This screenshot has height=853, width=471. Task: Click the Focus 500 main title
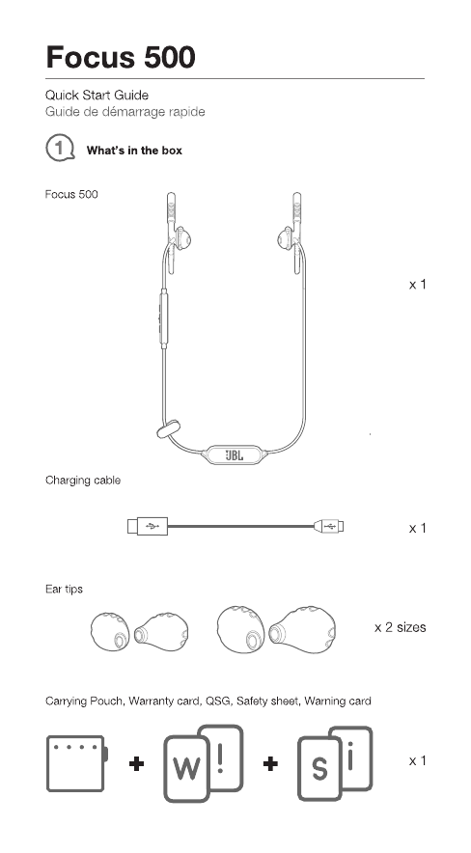point(121,57)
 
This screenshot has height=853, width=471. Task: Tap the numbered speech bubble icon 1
point(60,148)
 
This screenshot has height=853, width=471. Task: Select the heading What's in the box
point(134,151)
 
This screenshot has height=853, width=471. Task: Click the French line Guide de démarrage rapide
point(125,112)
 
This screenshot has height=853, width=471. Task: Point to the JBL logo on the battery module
point(235,454)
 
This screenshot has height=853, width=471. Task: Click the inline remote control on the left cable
point(164,318)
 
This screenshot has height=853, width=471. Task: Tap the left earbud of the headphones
point(181,240)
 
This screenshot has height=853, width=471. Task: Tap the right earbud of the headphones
point(286,239)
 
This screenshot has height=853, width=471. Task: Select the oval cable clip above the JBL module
point(169,428)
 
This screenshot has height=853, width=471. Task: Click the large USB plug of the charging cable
point(148,526)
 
